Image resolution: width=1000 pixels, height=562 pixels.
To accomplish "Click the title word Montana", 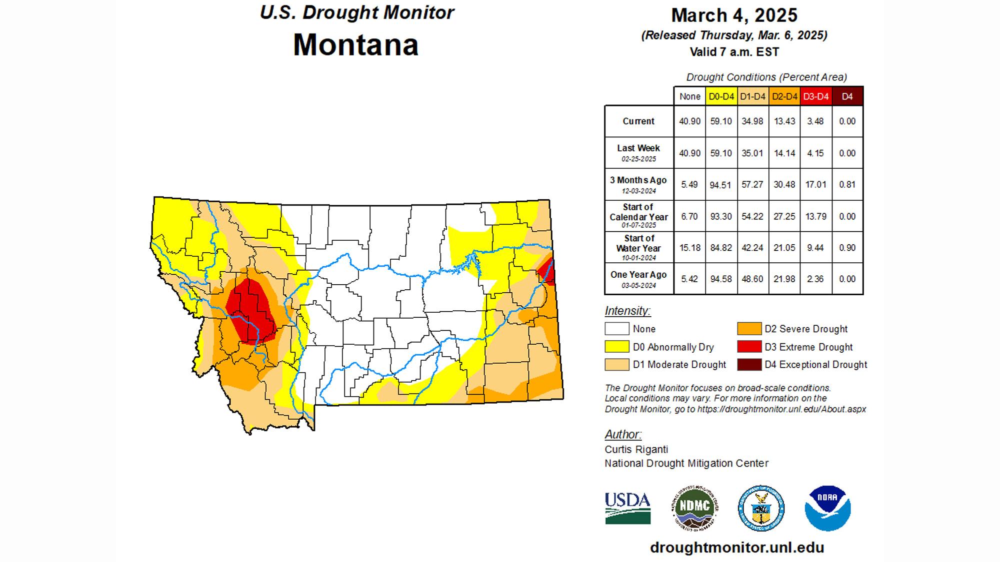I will tap(355, 45).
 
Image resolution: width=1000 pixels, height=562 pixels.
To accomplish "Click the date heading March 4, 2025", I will tap(734, 15).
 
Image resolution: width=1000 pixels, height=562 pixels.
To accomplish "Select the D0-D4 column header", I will tap(721, 96).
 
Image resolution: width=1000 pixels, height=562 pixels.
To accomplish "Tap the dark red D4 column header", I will tap(847, 96).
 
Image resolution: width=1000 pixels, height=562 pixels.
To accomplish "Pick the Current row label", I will tap(638, 121).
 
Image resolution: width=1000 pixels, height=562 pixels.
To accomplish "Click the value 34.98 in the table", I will tap(752, 121).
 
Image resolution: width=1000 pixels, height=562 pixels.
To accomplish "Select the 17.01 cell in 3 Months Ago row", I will tap(815, 184).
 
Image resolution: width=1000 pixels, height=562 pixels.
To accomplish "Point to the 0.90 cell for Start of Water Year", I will tap(847, 248).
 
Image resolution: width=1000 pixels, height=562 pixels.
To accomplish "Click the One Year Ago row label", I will tap(638, 275).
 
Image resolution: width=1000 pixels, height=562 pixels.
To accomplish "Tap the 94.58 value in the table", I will tap(720, 279).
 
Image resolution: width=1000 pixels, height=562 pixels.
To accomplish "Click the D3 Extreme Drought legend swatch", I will tap(749, 347).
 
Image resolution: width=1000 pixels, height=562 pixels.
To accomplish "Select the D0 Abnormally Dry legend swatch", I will tap(617, 347).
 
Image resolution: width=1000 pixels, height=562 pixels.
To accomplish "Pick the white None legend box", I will tap(617, 329).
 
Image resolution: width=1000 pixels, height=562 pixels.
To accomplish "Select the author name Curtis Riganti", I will tap(636, 449).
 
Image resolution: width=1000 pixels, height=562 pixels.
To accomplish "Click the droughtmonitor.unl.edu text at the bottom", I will tap(736, 548).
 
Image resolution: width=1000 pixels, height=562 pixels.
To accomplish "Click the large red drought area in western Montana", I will tap(250, 310).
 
